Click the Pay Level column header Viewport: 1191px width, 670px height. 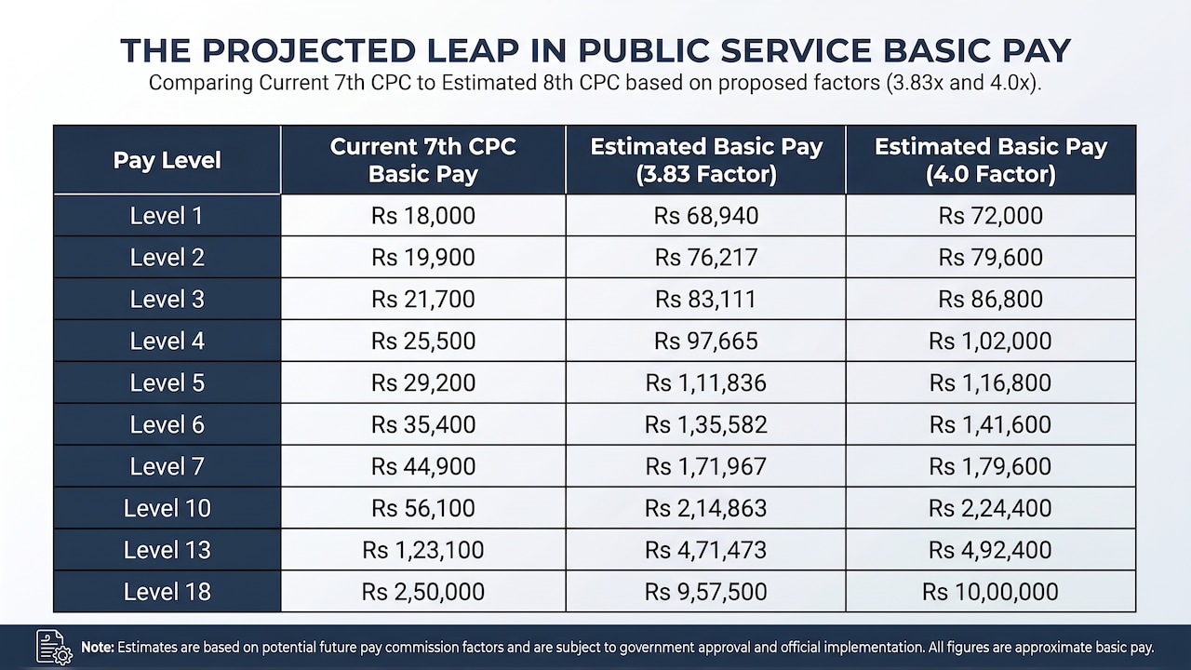(167, 160)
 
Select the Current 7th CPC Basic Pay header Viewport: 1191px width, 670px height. (423, 160)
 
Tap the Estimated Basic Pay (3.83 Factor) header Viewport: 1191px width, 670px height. (706, 160)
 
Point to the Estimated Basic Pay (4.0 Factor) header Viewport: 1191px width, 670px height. (991, 160)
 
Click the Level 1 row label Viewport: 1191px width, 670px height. (167, 216)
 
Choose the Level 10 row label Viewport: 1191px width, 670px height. (167, 508)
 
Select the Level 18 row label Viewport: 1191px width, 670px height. (167, 592)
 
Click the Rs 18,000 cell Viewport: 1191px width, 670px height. (423, 216)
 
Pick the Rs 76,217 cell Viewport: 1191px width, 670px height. (706, 258)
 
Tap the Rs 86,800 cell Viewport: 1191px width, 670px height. (991, 299)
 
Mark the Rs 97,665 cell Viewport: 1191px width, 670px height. (706, 341)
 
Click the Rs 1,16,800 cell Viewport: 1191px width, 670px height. (991, 382)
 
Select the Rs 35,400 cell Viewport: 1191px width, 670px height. (423, 424)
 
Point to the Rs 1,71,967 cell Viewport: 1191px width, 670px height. (706, 466)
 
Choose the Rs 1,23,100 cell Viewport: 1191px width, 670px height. (423, 550)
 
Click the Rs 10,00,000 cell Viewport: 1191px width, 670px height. (991, 592)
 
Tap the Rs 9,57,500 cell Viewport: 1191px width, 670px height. (706, 592)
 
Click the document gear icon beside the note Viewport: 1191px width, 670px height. (54, 647)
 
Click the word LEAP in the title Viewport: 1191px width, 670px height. (473, 50)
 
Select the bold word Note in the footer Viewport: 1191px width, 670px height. (98, 647)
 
